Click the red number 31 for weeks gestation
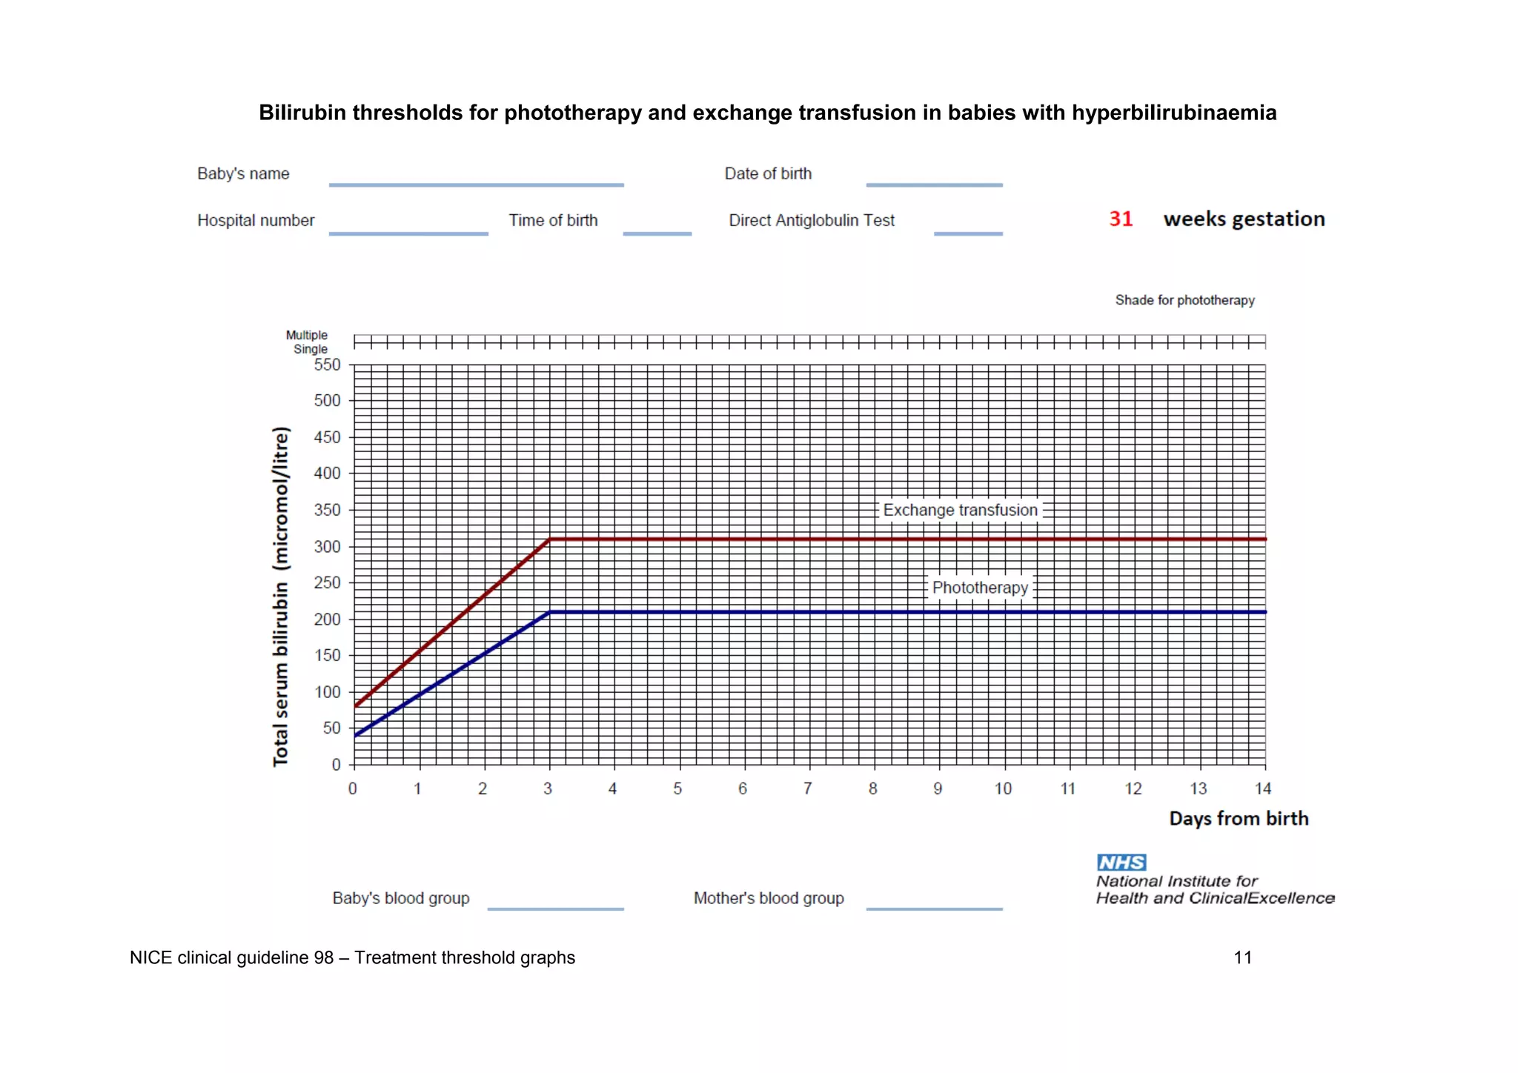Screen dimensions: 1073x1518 tap(1121, 219)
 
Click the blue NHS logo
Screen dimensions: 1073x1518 tap(1121, 863)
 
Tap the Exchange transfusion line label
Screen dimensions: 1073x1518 tap(960, 510)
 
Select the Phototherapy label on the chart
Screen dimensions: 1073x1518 tap(980, 588)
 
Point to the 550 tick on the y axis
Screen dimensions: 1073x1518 tap(327, 365)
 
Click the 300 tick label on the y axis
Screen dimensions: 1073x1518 tap(327, 547)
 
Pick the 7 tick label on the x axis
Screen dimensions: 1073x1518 tap(808, 789)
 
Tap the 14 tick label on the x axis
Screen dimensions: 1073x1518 tap(1263, 789)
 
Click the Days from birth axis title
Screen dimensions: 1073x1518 tap(1239, 819)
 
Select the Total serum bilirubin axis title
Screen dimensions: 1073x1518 tap(281, 597)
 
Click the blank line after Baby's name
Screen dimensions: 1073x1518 tap(476, 183)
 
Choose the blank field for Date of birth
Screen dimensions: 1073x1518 tap(934, 183)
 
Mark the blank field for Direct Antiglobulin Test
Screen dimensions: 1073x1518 tap(968, 232)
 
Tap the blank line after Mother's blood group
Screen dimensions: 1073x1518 tap(934, 907)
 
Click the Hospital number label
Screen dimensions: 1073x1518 tap(256, 221)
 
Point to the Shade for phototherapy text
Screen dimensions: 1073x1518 tap(1184, 300)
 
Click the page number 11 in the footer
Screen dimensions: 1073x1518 tap(1243, 957)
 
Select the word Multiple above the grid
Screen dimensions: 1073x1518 tap(306, 335)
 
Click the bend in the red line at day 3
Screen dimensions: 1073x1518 tap(549, 539)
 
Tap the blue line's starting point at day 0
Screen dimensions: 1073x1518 tap(355, 735)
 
